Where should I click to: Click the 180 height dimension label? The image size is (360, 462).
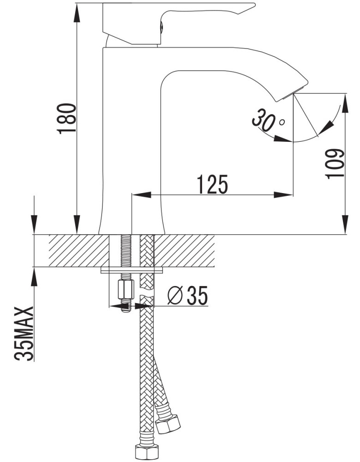pos(67,118)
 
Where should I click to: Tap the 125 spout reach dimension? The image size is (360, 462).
pos(213,184)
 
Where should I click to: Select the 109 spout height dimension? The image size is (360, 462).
pos(335,164)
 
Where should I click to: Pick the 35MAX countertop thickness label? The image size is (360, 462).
pos(24,334)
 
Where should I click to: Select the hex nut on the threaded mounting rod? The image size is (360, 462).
pos(126,289)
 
